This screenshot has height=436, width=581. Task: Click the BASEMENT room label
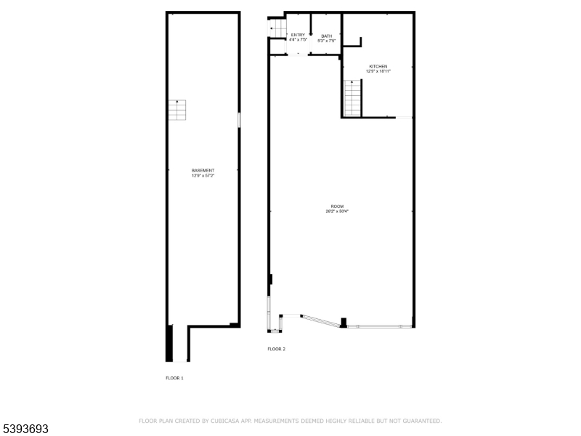click(x=203, y=170)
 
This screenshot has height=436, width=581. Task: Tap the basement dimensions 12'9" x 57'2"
click(x=203, y=176)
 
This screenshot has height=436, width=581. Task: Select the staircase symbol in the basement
click(x=177, y=110)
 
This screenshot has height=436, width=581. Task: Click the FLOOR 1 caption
click(x=174, y=378)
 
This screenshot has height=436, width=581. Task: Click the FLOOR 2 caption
click(x=276, y=350)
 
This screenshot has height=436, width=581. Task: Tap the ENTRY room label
click(x=298, y=35)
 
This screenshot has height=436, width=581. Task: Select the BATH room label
click(x=327, y=36)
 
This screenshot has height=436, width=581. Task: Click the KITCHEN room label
click(x=378, y=66)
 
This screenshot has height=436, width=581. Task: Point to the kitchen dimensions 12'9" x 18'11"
click(x=378, y=71)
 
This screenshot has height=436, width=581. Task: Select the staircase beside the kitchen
click(x=353, y=99)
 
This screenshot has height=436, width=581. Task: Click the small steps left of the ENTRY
click(x=275, y=28)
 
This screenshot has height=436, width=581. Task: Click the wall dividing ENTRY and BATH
click(x=311, y=33)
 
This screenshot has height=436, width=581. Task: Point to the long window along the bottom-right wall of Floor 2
click(x=378, y=327)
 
